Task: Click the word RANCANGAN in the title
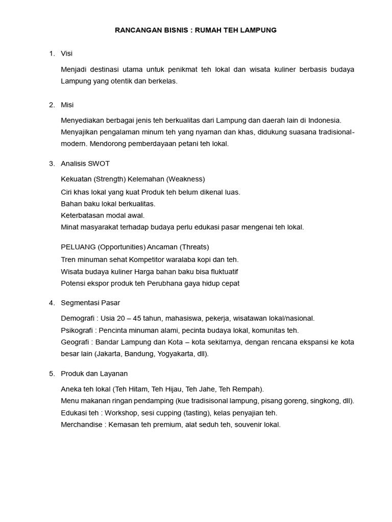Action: pos(135,30)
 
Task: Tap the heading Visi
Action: pos(66,54)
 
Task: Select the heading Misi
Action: pos(67,105)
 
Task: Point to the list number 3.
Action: pos(51,164)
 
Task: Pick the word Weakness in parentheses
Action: pos(185,179)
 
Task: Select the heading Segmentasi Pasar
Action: pos(90,303)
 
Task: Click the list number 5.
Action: pos(51,374)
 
